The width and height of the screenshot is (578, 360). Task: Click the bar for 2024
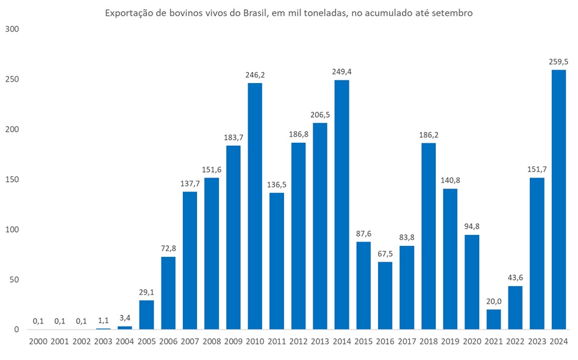tap(558, 200)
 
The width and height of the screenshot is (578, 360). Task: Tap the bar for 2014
tap(341, 204)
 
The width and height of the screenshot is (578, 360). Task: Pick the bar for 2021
tap(493, 319)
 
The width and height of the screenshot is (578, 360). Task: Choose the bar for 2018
tap(428, 236)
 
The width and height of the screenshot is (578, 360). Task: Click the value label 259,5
tap(558, 62)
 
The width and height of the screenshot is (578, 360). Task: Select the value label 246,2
tap(255, 75)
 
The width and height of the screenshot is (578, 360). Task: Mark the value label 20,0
tap(493, 301)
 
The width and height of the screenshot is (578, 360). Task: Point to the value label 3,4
tap(125, 318)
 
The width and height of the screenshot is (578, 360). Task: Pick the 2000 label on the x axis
tap(38, 343)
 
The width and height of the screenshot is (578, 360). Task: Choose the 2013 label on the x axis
tap(320, 343)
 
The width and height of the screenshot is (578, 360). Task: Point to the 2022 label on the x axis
tap(515, 343)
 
